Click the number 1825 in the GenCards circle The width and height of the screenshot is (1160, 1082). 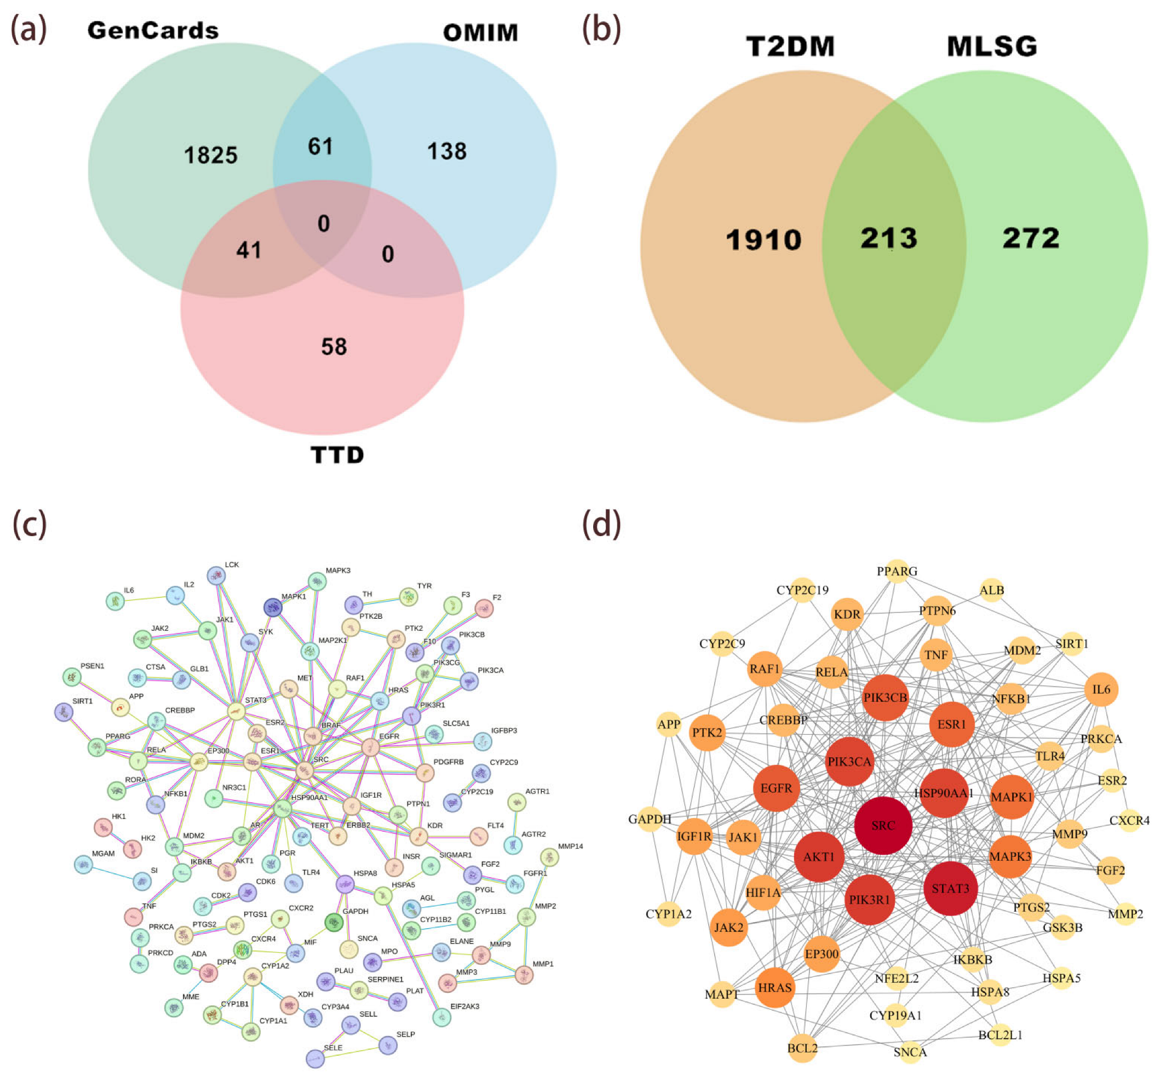pos(211,155)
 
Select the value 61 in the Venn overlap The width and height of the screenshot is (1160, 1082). pos(320,146)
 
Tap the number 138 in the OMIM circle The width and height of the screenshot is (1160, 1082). pos(447,152)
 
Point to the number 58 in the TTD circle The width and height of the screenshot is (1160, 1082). pos(334,347)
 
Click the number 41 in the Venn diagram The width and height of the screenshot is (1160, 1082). pos(249,250)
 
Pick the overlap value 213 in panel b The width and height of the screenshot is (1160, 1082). pos(889,239)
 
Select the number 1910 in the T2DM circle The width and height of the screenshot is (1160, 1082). pos(763,240)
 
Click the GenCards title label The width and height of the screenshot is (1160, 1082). pos(153,31)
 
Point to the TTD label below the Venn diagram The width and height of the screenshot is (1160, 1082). pos(337,455)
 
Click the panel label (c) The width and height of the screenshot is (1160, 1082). pos(29,524)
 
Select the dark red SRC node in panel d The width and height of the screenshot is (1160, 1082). pos(883,825)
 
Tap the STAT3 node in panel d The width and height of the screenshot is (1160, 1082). pos(951,888)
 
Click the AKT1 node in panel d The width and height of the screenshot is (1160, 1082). pos(819,857)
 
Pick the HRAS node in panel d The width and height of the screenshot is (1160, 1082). pos(775,987)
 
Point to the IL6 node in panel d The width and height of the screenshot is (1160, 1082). pos(1101,689)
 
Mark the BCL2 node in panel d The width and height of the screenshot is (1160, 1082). pos(802,1048)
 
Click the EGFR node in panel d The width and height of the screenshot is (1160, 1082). pos(776,788)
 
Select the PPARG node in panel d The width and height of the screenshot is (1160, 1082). pos(897,572)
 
